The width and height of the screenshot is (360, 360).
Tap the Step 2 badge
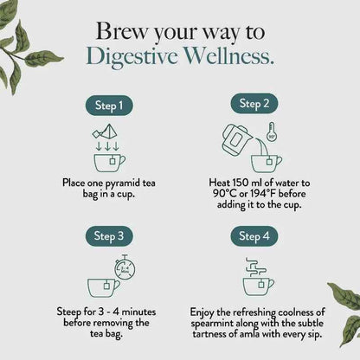click(254, 104)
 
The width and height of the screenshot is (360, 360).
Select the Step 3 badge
click(108, 235)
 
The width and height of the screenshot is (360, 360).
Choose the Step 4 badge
click(254, 235)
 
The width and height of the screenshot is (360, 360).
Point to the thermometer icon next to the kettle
click(271, 132)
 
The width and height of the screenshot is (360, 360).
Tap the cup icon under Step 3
click(103, 286)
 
